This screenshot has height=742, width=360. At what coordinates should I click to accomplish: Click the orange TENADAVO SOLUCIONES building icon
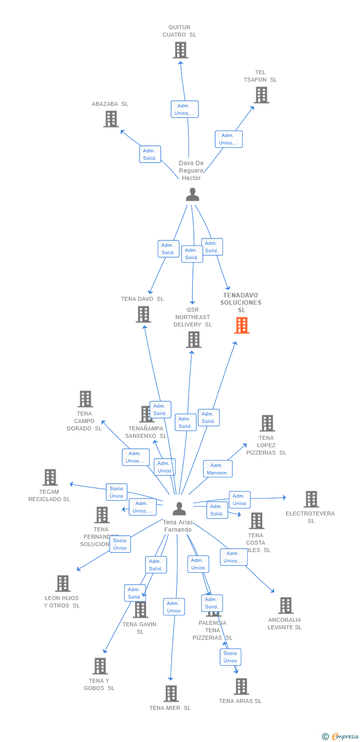242,325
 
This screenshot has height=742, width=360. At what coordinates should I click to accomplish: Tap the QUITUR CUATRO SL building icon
180,50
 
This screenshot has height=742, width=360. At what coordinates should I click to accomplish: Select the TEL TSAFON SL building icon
261,95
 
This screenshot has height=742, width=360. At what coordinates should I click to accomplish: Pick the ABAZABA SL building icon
111,119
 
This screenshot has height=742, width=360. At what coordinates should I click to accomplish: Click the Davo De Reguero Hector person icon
192,194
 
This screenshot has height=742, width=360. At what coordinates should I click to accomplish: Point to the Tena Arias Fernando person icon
179,508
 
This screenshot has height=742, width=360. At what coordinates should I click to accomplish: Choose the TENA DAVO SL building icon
143,314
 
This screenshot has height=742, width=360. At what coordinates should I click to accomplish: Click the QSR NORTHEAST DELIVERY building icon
194,339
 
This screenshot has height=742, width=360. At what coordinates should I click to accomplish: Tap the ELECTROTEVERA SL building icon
311,499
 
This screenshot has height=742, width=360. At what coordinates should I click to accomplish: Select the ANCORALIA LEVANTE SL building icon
285,605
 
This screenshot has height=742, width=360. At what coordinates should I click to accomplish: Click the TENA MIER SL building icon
171,694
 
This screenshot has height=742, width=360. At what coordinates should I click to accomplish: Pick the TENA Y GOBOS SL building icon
100,666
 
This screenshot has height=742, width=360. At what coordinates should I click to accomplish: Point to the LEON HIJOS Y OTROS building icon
63,584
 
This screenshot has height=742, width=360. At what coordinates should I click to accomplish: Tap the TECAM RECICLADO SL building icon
50,477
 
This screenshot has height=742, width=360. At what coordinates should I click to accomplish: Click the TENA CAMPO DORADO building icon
85,399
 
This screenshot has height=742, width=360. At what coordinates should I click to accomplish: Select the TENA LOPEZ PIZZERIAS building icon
267,423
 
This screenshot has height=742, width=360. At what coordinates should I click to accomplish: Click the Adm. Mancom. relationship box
218,469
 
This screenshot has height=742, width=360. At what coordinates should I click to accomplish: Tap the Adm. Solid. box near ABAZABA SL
150,154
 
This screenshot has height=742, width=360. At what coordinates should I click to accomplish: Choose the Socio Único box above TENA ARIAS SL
230,657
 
